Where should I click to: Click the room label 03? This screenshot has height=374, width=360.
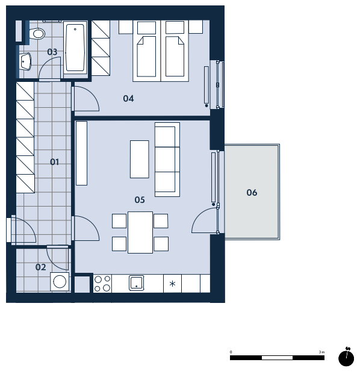click(x=52, y=52)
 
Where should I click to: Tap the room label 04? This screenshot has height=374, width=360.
click(x=128, y=98)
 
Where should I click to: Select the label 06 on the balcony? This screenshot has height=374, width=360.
click(x=252, y=193)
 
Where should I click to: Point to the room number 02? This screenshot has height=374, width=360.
click(x=41, y=267)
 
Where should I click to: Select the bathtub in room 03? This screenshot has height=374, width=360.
click(x=75, y=47)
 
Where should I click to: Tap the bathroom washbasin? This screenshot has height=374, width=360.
click(x=25, y=62)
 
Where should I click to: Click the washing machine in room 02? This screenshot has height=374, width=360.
click(x=60, y=282)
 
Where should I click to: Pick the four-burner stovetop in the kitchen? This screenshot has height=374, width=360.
click(x=102, y=284)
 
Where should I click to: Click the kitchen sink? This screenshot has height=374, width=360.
click(x=137, y=283)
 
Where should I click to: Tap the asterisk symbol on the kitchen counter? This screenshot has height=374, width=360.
click(x=172, y=284)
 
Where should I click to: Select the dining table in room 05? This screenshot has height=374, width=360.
click(x=140, y=232)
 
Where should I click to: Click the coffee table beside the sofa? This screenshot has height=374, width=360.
click(x=140, y=159)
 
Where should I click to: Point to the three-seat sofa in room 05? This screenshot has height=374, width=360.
click(x=167, y=160)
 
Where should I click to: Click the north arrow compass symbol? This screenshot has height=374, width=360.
click(x=346, y=357)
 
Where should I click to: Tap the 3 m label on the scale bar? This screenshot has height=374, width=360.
click(x=321, y=352)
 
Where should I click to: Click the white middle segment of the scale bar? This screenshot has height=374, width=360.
click(x=277, y=358)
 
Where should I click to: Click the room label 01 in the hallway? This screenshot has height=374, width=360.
click(x=54, y=162)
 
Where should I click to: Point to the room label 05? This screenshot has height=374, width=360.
click(x=140, y=199)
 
